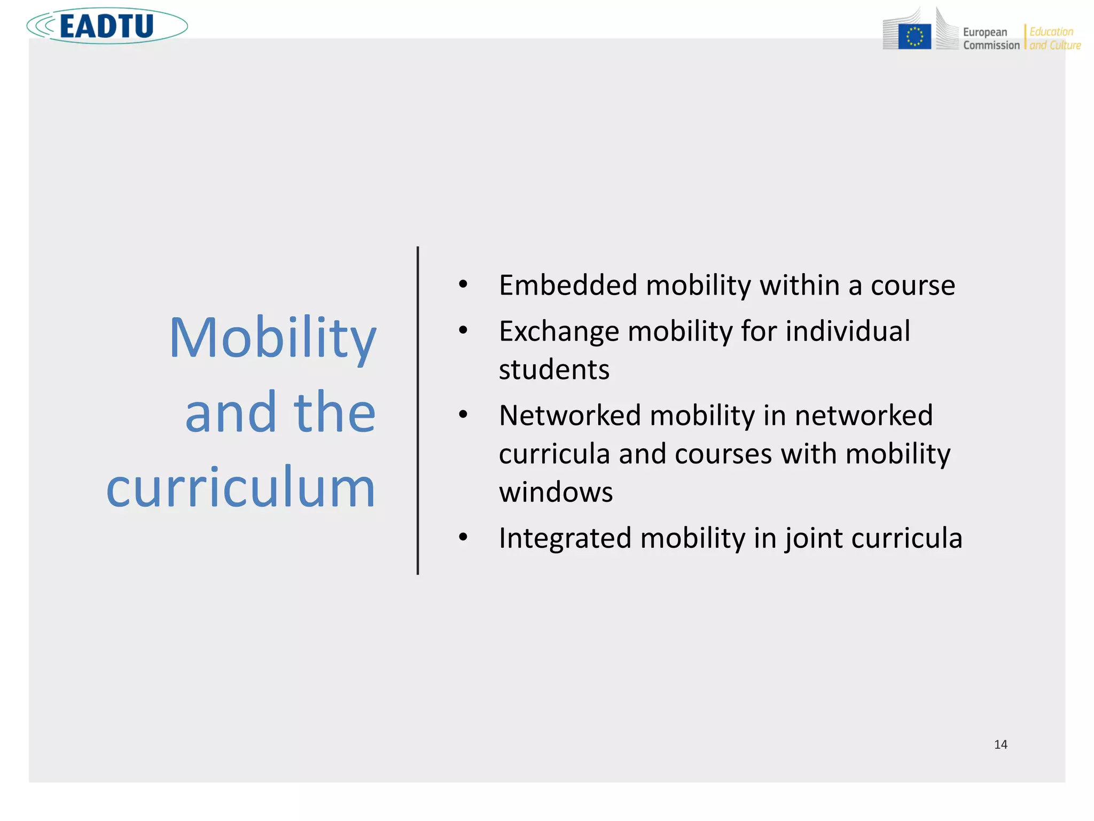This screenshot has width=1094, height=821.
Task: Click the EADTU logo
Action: click(x=107, y=26)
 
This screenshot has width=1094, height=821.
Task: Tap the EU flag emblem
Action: click(x=915, y=37)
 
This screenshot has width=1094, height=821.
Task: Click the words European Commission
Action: click(x=991, y=39)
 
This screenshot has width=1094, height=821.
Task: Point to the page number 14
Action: click(x=1001, y=745)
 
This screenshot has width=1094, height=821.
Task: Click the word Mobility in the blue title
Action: click(x=272, y=338)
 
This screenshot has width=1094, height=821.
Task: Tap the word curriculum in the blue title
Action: click(x=241, y=487)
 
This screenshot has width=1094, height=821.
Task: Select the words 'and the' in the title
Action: click(x=280, y=412)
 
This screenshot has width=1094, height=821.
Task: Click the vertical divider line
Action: click(x=418, y=410)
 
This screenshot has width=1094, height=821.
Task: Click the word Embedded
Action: click(x=568, y=285)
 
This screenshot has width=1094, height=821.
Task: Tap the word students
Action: click(x=554, y=370)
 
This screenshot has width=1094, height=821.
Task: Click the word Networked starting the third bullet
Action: click(x=569, y=416)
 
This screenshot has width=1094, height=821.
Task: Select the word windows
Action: click(x=556, y=492)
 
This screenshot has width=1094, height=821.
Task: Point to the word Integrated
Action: click(x=565, y=538)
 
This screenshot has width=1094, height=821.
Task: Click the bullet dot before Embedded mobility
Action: click(x=463, y=285)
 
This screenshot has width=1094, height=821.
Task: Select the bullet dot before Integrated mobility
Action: click(x=463, y=537)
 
